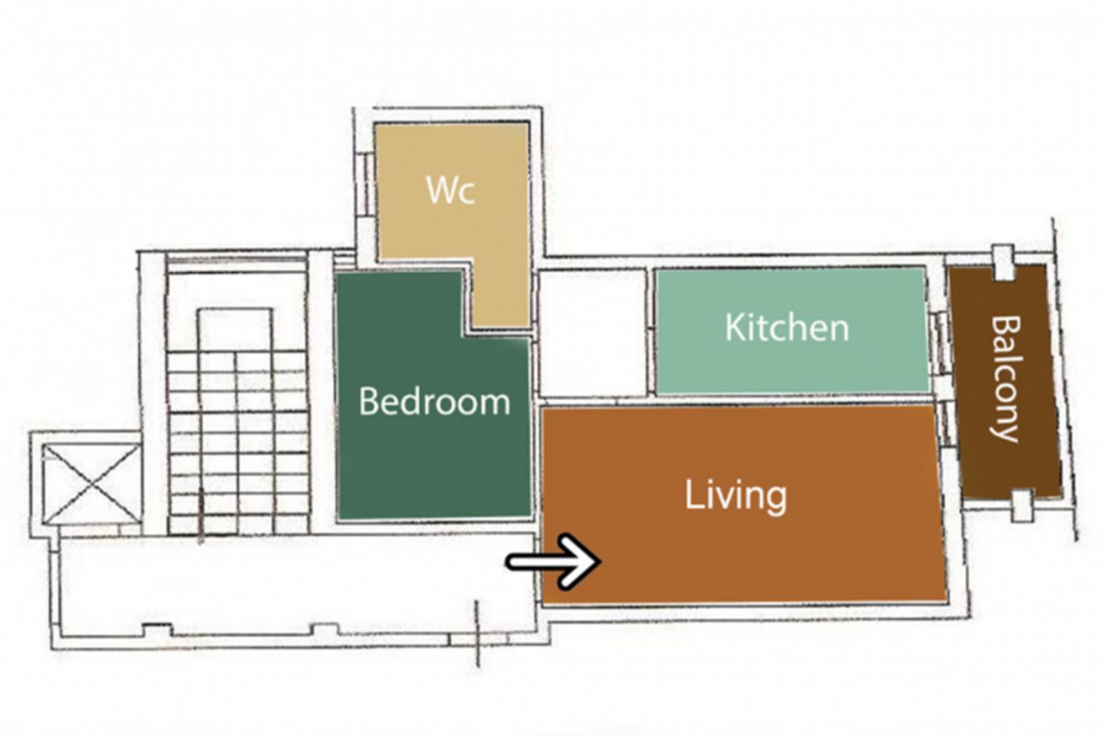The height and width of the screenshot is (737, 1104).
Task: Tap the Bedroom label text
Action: click(x=435, y=402)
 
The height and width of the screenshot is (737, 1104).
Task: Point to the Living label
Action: click(x=736, y=498)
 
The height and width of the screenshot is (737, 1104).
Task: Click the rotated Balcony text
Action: click(x=1005, y=379)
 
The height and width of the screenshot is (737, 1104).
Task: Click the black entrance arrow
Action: click(x=554, y=561)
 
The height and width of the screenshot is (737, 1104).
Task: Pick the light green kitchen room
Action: click(x=791, y=330)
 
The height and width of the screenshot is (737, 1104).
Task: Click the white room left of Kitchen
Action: click(x=593, y=333)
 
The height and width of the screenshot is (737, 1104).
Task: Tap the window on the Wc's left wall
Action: click(x=366, y=184)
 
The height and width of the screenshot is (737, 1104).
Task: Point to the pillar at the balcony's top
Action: click(x=1004, y=262)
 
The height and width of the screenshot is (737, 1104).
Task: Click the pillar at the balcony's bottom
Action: click(x=1022, y=506)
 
